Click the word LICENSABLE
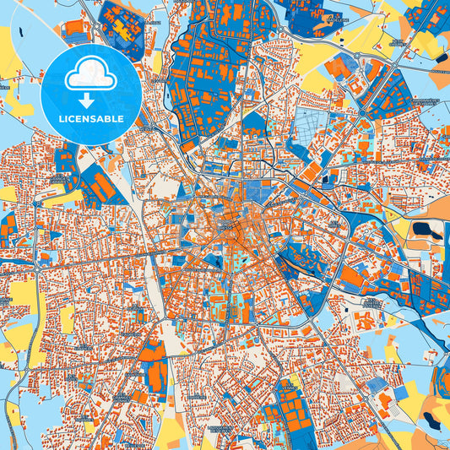click(90, 119)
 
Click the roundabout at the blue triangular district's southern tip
click(362, 111)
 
